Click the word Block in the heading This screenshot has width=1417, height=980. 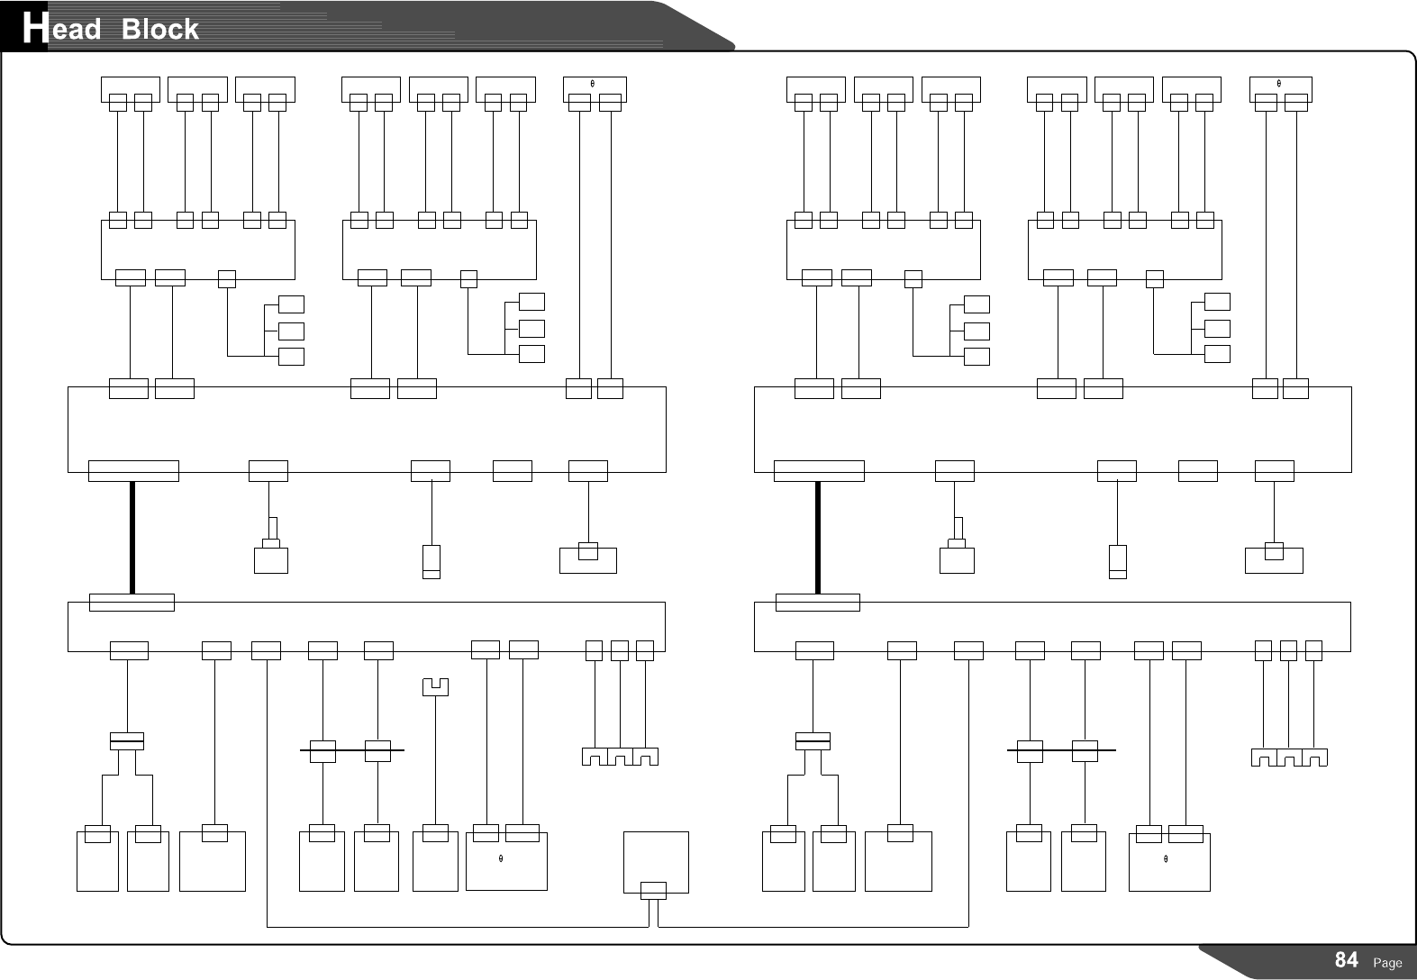click(x=159, y=30)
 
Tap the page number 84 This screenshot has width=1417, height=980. click(x=1346, y=959)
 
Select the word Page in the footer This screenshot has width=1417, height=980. click(x=1387, y=963)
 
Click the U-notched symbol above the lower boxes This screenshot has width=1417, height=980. click(x=435, y=687)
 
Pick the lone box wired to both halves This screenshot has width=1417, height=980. click(x=656, y=862)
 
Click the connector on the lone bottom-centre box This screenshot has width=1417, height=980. click(x=653, y=891)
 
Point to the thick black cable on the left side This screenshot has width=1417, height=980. click(x=132, y=538)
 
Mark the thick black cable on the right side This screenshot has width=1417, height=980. click(x=818, y=538)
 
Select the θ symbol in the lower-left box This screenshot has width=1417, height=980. click(x=500, y=858)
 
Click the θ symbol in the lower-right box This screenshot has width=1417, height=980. click(x=1166, y=858)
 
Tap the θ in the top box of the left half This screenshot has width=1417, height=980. click(x=592, y=84)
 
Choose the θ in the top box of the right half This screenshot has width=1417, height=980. click(x=1279, y=84)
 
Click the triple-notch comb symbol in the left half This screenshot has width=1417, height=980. click(x=620, y=757)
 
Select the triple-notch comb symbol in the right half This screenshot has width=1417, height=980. click(x=1289, y=758)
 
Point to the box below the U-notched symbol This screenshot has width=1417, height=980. click(x=435, y=860)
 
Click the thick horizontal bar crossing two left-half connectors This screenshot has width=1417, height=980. click(x=351, y=749)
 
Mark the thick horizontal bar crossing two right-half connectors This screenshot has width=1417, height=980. click(x=1060, y=749)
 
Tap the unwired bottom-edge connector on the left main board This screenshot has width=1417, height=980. click(x=513, y=470)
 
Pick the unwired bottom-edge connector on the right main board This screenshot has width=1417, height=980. click(x=1197, y=470)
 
